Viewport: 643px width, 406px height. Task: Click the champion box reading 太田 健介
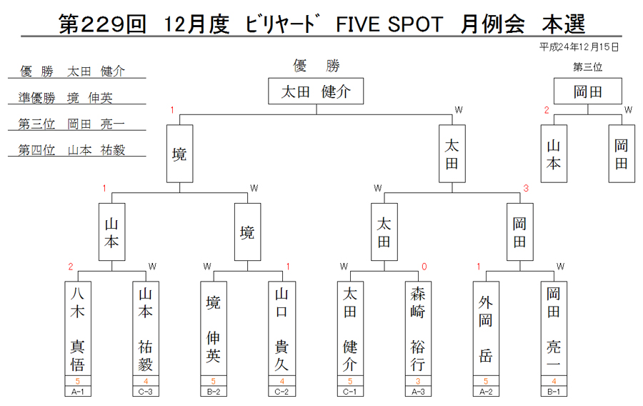[316, 91]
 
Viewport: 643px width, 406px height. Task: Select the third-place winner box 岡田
[588, 91]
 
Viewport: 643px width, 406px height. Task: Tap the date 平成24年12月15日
[579, 47]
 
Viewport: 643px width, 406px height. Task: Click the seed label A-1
[77, 392]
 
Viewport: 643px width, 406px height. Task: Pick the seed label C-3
[146, 392]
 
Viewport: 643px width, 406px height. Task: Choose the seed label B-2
[213, 392]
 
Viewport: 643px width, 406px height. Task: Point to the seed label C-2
[281, 392]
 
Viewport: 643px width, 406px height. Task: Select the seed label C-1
[350, 392]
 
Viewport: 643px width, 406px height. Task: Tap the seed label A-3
[418, 392]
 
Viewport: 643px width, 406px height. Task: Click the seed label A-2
[486, 392]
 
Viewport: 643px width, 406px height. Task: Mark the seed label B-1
[554, 392]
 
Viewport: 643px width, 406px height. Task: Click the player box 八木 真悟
[77, 329]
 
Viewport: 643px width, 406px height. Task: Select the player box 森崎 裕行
[418, 329]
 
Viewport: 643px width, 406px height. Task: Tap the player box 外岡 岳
[486, 329]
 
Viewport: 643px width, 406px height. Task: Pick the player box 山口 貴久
[281, 329]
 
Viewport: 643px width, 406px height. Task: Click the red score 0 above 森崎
[424, 267]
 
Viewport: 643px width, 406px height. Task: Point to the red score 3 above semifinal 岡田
[526, 188]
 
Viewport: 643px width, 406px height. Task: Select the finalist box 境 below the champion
[179, 154]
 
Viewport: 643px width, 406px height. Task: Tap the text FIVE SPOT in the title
[389, 24]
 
